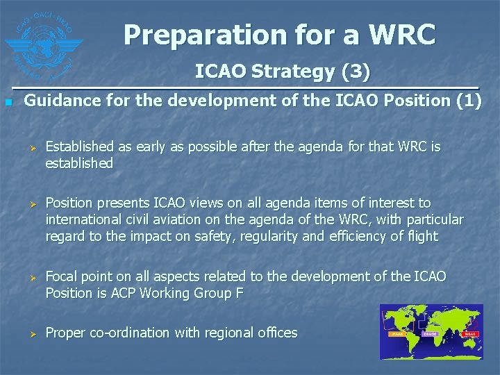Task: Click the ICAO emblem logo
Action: coord(42,43)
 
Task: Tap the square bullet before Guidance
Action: coord(8,103)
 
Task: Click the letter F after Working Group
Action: coord(239,293)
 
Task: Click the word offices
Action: coord(276,333)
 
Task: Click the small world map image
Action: coord(431,332)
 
